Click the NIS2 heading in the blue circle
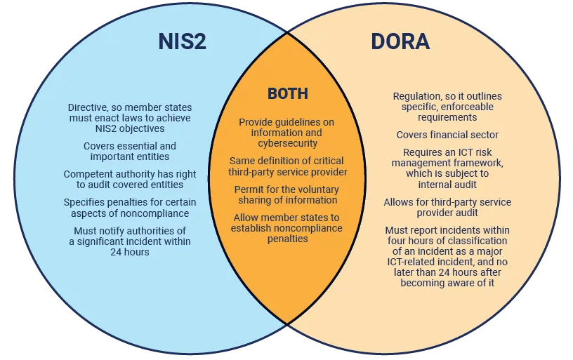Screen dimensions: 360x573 click(x=183, y=42)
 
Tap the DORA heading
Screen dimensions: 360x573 click(x=400, y=42)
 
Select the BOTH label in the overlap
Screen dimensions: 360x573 click(x=287, y=94)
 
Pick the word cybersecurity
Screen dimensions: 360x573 click(x=287, y=143)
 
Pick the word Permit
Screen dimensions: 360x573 click(x=249, y=189)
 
